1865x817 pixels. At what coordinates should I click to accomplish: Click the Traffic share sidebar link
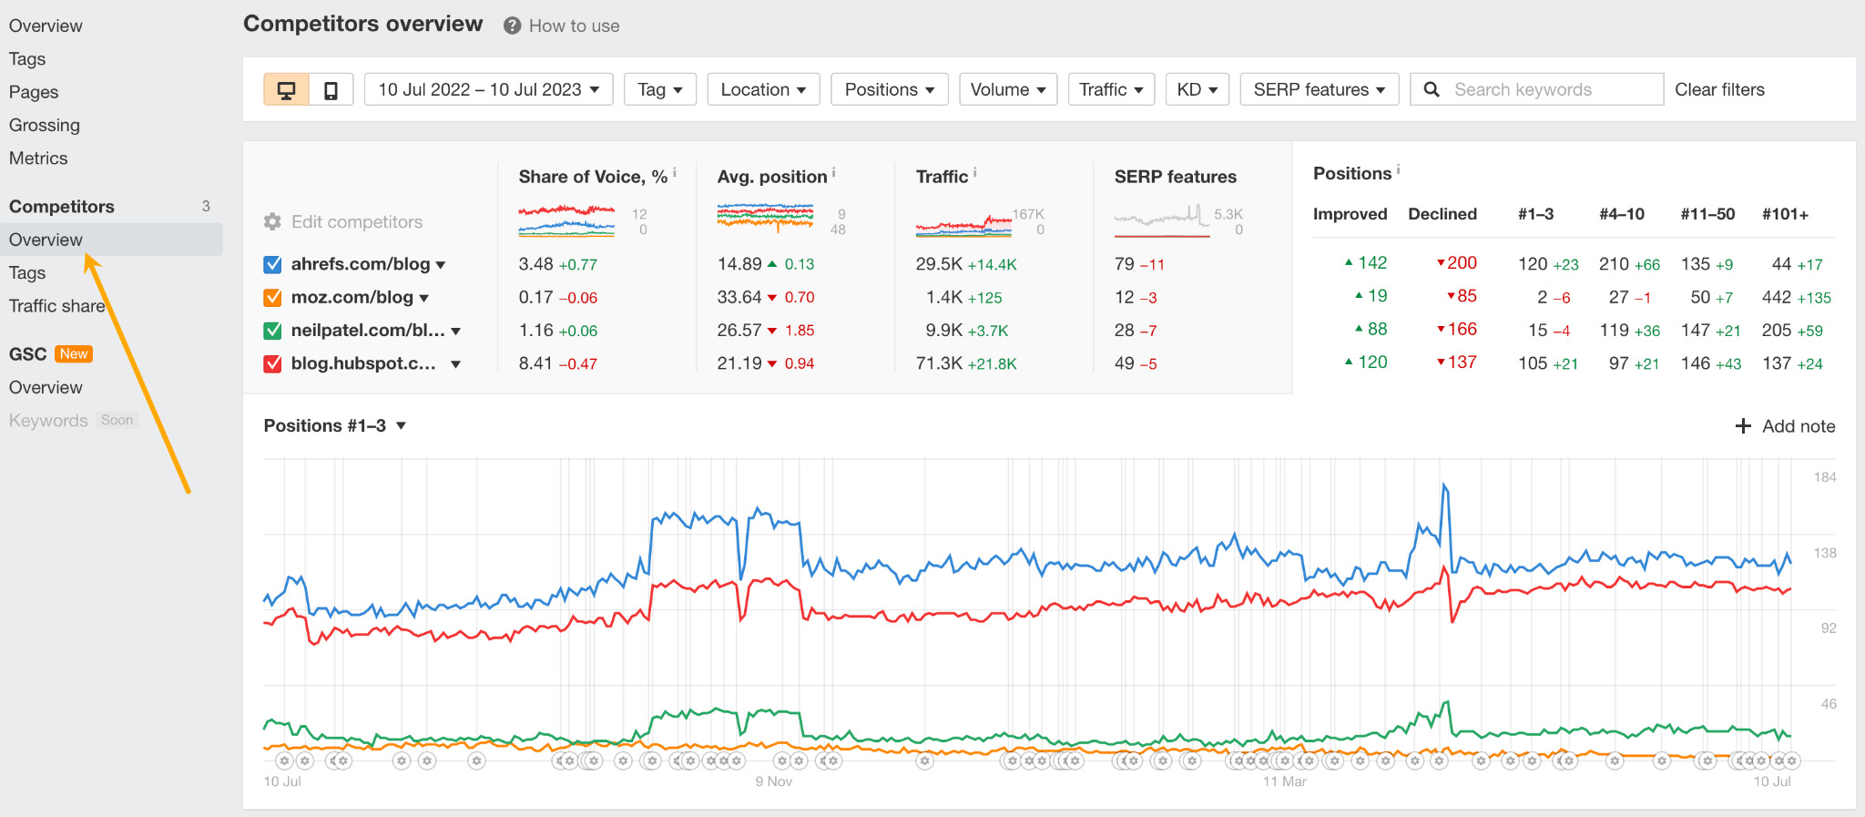tap(56, 306)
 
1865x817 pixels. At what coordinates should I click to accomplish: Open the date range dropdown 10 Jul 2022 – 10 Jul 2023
tap(488, 89)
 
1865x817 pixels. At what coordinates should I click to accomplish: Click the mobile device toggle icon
tap(331, 90)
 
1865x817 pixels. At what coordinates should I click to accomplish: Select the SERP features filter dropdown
tap(1319, 89)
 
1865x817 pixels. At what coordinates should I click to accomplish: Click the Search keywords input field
tap(1548, 89)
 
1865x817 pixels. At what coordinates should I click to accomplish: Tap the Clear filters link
tap(1719, 89)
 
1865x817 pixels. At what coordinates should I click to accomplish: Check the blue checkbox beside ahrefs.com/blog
tap(272, 264)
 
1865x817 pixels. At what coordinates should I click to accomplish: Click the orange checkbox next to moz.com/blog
tap(272, 298)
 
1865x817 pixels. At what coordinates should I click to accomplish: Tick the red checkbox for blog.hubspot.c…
tap(272, 363)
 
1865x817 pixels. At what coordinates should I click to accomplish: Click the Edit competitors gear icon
tap(272, 221)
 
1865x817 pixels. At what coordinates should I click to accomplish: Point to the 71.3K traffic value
tap(939, 363)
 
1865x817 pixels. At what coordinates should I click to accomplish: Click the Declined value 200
tap(1462, 263)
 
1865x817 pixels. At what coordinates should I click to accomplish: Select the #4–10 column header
tap(1621, 214)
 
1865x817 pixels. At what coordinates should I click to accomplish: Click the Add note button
tap(1785, 426)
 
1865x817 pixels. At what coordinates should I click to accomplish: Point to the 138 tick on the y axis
tap(1825, 553)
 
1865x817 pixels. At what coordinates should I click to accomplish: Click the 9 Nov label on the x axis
tap(773, 781)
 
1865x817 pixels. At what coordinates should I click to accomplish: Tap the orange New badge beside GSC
tap(74, 354)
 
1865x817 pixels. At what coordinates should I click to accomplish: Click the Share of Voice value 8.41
tap(535, 363)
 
